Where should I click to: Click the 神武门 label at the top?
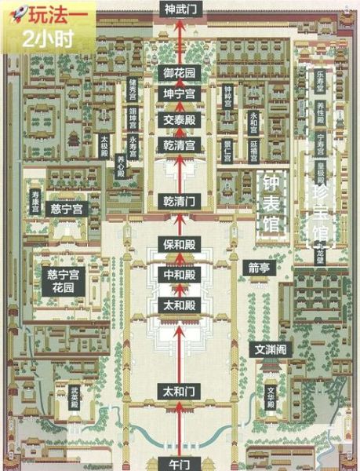(x=180, y=9)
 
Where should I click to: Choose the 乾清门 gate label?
(x=180, y=201)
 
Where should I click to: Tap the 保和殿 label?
(x=180, y=245)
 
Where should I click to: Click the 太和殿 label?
(x=180, y=304)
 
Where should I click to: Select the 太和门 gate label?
(x=180, y=389)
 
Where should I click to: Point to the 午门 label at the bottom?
(x=180, y=461)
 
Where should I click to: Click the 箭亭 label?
(x=260, y=266)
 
